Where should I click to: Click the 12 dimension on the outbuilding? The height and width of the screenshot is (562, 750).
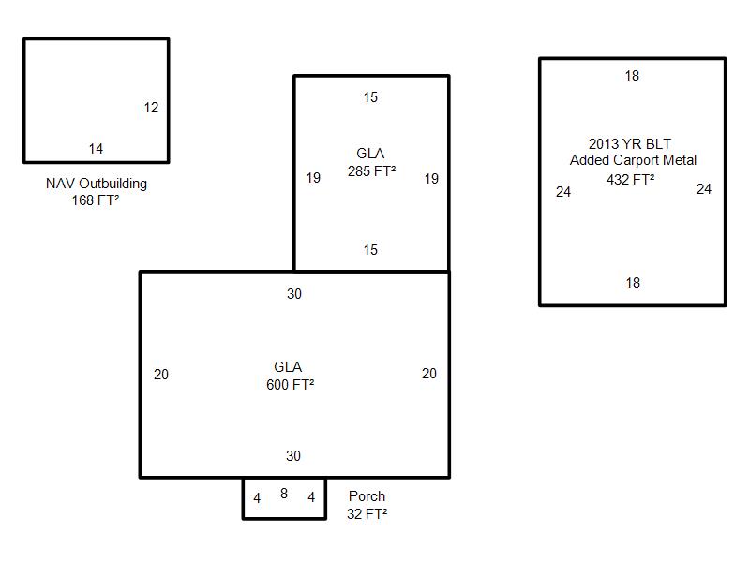[151, 108]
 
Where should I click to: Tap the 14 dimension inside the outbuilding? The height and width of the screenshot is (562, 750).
[96, 149]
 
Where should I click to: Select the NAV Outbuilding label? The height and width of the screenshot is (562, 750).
[97, 184]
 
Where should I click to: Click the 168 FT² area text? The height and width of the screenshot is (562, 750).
[96, 200]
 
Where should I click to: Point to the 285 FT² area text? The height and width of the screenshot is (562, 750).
[371, 171]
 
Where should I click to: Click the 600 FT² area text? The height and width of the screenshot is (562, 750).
[291, 385]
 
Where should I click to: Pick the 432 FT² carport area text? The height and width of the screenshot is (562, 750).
[630, 180]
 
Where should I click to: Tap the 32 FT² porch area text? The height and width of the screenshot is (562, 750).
[367, 514]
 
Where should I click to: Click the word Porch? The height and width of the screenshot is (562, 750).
[367, 496]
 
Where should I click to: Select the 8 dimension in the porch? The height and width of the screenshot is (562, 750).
[284, 494]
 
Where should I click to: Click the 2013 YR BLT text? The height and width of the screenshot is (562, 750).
[629, 144]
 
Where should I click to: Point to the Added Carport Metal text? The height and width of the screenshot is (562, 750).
[633, 160]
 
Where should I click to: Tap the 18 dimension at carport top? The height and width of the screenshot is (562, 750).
[632, 76]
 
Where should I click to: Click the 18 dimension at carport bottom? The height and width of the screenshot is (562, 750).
[633, 283]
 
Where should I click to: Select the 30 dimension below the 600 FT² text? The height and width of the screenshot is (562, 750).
[293, 456]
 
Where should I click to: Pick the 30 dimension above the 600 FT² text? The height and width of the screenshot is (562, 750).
[294, 294]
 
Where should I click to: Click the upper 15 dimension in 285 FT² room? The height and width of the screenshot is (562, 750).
[370, 97]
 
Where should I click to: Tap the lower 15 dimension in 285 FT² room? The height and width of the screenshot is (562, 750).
[370, 250]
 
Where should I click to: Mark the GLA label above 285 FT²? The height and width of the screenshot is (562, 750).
[370, 154]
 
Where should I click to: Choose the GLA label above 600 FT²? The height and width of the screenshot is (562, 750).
[288, 367]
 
